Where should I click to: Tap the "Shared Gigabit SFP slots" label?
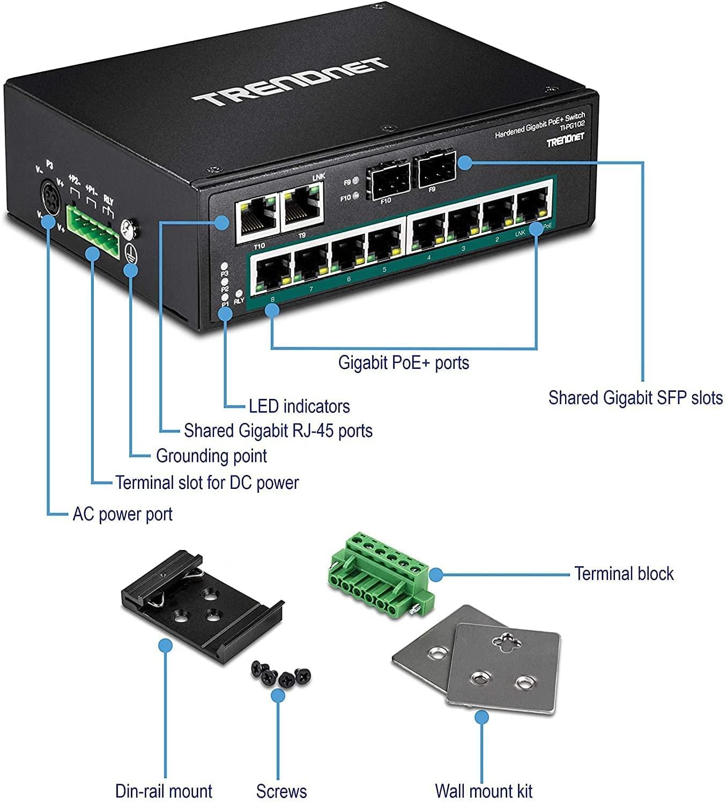point(635,398)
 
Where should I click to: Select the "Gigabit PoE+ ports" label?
point(403,363)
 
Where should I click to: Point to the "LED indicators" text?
point(299,406)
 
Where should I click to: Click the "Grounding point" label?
point(211,456)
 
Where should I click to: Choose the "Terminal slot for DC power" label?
point(207,483)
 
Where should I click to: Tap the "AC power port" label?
point(123,515)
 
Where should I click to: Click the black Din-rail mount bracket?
point(198,601)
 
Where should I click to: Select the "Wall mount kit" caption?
point(484,791)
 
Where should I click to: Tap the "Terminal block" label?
point(624,574)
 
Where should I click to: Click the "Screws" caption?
point(281,791)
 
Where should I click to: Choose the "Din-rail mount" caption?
point(164,791)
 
